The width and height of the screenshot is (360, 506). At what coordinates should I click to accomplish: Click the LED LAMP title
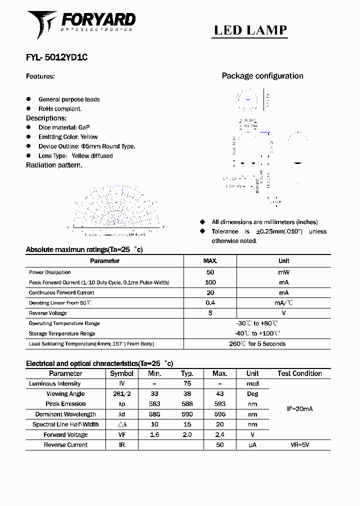(x=250, y=30)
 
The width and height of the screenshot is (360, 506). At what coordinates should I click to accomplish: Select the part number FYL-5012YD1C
(x=57, y=57)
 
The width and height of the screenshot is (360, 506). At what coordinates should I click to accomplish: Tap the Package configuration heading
(x=262, y=76)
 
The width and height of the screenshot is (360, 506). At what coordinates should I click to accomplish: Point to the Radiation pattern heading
(x=54, y=165)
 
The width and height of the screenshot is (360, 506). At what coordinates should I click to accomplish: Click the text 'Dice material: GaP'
(x=64, y=127)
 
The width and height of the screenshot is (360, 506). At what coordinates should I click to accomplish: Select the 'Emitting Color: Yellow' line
(x=68, y=137)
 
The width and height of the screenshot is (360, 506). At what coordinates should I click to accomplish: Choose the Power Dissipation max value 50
(x=210, y=272)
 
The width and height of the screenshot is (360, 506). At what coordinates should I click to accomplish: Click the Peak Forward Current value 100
(x=210, y=282)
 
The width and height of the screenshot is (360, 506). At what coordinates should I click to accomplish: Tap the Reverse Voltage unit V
(x=283, y=313)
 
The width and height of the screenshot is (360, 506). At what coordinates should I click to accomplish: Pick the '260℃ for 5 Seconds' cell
(x=257, y=344)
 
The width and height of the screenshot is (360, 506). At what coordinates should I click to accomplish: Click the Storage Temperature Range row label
(x=62, y=333)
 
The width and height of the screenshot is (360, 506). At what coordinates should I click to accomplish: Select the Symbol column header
(x=121, y=373)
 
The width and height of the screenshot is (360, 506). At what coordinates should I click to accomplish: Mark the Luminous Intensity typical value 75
(x=187, y=383)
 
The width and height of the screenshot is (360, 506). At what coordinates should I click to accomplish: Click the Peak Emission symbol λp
(x=121, y=404)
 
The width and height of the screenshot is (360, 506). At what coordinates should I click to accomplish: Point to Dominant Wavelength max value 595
(x=219, y=414)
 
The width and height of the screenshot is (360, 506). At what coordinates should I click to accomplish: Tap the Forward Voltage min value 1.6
(x=154, y=434)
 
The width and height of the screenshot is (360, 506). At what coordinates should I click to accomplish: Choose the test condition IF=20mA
(x=299, y=409)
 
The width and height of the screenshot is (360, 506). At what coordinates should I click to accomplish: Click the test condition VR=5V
(x=299, y=444)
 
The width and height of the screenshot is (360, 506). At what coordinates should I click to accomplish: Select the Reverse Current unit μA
(x=252, y=444)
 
